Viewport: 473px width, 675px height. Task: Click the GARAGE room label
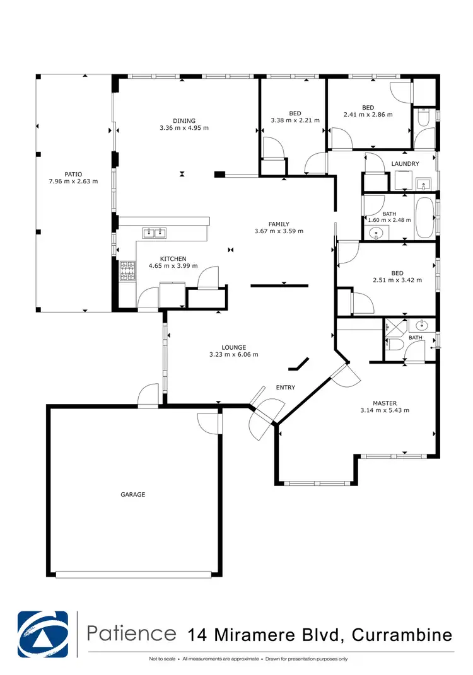click(133, 495)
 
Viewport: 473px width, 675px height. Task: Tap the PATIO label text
click(73, 175)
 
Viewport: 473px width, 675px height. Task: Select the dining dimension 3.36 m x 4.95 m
click(185, 128)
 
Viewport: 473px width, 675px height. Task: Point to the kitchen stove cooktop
click(128, 271)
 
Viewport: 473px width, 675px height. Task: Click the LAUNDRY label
click(405, 164)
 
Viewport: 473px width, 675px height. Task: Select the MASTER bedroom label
click(385, 403)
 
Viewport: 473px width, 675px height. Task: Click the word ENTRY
click(285, 388)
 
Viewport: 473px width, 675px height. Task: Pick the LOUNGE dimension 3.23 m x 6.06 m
click(233, 354)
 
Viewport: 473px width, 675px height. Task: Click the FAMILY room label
click(279, 224)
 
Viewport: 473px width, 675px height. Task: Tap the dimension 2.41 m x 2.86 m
click(368, 115)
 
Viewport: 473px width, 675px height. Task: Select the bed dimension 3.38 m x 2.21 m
click(295, 120)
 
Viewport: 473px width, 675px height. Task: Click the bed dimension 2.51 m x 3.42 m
click(397, 280)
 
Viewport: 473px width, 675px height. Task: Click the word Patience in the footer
click(132, 633)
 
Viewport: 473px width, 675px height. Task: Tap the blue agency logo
click(42, 634)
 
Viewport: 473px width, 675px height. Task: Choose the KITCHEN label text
click(173, 259)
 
